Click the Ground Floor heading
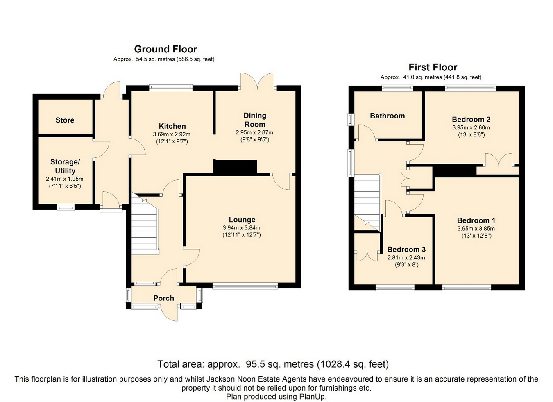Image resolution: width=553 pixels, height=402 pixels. [165, 49]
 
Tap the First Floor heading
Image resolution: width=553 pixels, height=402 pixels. [433, 67]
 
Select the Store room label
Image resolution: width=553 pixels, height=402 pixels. [65, 120]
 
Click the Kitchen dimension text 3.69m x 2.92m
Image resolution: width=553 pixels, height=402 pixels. [172, 134]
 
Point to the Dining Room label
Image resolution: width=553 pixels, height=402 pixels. [254, 120]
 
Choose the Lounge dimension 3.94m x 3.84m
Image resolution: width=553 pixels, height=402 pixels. [241, 228]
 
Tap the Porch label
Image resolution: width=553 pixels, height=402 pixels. [164, 298]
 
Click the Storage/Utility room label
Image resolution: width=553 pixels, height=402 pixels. [65, 166]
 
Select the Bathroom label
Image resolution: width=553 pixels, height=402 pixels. [388, 116]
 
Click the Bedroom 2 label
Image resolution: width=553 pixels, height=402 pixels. [471, 120]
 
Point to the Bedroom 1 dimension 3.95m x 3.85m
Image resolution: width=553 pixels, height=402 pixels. [476, 229]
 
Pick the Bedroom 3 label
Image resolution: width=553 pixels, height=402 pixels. [406, 250]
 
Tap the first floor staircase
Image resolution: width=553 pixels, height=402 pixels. [367, 202]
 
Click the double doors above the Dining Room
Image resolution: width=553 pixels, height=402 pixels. [257, 81]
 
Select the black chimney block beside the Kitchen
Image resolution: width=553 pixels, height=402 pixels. [235, 167]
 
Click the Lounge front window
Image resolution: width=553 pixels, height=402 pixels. [245, 286]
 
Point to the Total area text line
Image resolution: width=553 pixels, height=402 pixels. [273, 364]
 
